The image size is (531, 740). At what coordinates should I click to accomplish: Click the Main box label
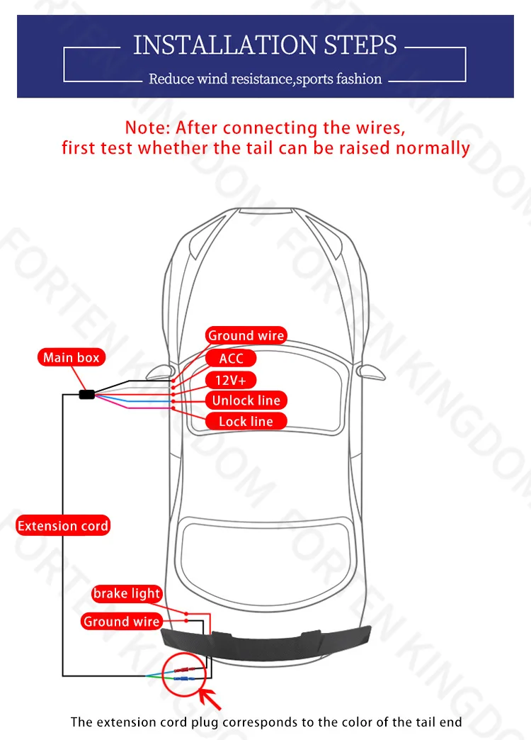(x=71, y=357)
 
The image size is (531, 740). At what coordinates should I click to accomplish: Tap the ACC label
(x=231, y=358)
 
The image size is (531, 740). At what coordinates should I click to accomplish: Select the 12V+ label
(x=231, y=379)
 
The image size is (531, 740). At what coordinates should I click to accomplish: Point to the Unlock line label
(x=246, y=400)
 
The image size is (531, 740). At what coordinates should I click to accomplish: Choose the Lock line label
(x=245, y=422)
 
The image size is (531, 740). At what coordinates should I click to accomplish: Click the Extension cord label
(x=63, y=526)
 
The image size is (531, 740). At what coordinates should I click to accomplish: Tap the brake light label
(x=127, y=593)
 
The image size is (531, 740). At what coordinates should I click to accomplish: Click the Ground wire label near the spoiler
(x=121, y=622)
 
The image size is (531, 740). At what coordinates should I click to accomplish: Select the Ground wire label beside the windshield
(x=245, y=336)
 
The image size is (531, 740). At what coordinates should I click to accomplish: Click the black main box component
(x=87, y=394)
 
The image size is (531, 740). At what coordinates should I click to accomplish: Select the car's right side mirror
(x=371, y=371)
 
